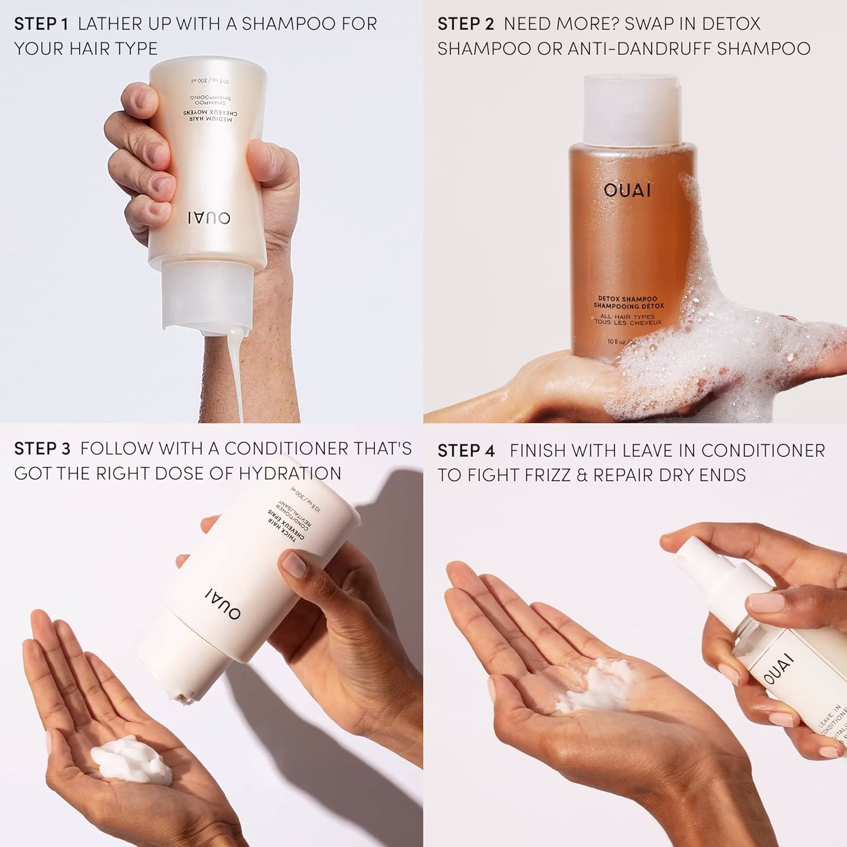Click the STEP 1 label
pyautogui.click(x=41, y=24)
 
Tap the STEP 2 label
pyautogui.click(x=465, y=24)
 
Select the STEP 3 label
pyautogui.click(x=42, y=449)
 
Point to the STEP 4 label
pyautogui.click(x=466, y=451)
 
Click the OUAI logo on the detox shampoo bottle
pyautogui.click(x=627, y=190)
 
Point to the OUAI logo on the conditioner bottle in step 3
pyautogui.click(x=223, y=602)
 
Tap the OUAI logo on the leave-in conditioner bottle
pyautogui.click(x=779, y=669)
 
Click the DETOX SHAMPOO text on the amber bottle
pyautogui.click(x=628, y=299)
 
